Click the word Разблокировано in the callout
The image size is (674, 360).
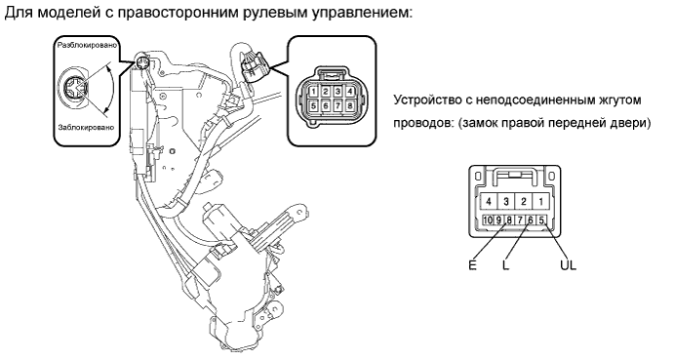click(x=87, y=45)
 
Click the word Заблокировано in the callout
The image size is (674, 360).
click(x=87, y=127)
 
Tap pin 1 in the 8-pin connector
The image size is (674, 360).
click(x=314, y=92)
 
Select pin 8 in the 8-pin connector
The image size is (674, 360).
click(x=350, y=105)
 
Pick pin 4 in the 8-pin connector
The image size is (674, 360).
click(x=350, y=92)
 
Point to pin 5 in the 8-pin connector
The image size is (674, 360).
click(x=314, y=105)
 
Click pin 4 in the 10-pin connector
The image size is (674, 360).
click(x=489, y=201)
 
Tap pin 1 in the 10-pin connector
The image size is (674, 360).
click(x=540, y=201)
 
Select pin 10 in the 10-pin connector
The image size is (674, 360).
click(x=488, y=220)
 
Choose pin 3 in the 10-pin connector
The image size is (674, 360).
click(x=506, y=201)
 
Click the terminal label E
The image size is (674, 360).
click(x=472, y=265)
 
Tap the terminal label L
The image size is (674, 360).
click(x=506, y=265)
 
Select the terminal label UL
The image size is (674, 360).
click(x=568, y=265)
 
